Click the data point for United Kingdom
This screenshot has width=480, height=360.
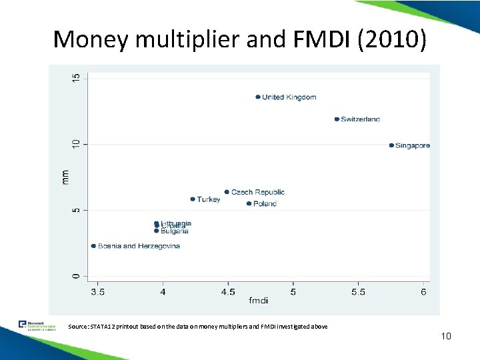click(258, 97)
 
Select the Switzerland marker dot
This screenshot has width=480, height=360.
click(337, 119)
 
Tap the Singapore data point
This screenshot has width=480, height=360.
click(391, 145)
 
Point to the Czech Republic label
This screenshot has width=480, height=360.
click(257, 192)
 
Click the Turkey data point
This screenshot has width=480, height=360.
click(193, 199)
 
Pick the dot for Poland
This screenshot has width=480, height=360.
click(249, 204)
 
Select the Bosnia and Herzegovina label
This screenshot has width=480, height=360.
click(139, 246)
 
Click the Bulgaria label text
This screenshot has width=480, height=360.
click(175, 231)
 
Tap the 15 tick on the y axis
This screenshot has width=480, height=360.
click(76, 78)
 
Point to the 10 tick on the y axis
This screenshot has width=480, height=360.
click(76, 144)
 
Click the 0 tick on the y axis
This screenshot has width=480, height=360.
click(76, 275)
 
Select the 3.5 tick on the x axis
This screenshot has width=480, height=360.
click(97, 291)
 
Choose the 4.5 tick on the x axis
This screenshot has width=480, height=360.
click(228, 291)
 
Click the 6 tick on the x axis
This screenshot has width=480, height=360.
click(424, 291)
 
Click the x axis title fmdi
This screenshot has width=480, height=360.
click(259, 302)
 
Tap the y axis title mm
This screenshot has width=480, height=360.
click(65, 177)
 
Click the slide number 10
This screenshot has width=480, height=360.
click(446, 336)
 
